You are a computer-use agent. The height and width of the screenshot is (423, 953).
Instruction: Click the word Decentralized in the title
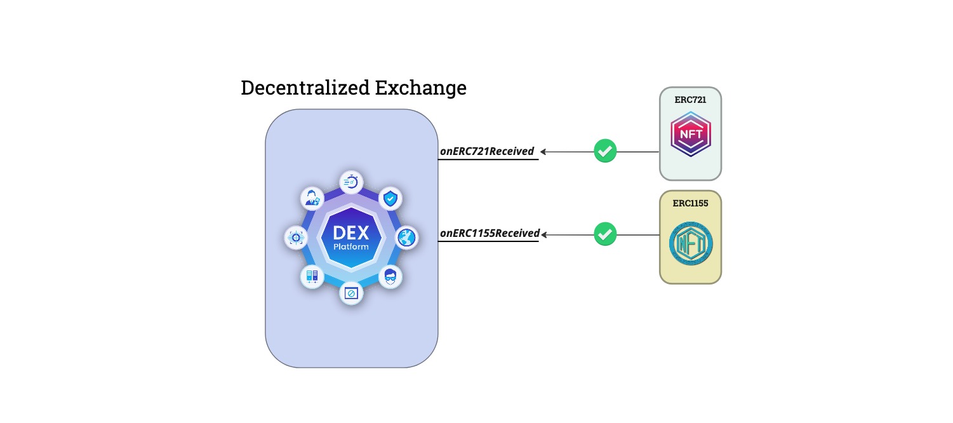pos(305,88)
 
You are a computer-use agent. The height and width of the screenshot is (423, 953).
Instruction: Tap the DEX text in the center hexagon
pos(351,232)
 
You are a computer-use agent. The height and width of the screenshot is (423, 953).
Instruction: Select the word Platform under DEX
pos(351,246)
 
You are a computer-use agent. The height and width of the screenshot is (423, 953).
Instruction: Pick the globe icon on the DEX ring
pos(406,238)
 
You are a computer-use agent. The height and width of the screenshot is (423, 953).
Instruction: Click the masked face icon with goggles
pos(390,277)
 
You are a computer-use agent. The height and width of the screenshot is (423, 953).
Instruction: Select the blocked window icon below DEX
pos(351,293)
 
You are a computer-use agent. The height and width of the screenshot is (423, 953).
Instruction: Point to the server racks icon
pos(312,277)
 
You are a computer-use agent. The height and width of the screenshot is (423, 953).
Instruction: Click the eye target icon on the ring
pos(295,238)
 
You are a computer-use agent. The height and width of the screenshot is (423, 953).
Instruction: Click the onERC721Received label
pos(487,151)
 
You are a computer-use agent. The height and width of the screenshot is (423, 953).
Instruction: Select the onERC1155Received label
pos(490,233)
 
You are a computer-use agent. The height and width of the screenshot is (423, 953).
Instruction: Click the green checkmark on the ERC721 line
pos(605,152)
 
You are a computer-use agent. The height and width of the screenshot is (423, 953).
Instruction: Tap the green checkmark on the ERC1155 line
pos(605,234)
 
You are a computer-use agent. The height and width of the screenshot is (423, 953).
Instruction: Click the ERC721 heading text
pos(690,100)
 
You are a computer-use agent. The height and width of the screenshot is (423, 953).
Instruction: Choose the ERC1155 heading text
pos(690,203)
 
